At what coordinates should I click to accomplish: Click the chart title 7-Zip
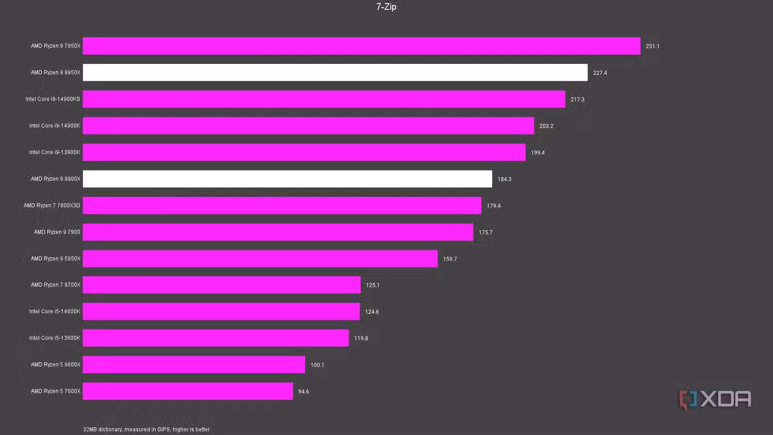pyautogui.click(x=386, y=7)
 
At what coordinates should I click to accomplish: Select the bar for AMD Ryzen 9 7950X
pyautogui.click(x=361, y=46)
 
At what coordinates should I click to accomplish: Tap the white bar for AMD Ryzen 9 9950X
pyautogui.click(x=335, y=73)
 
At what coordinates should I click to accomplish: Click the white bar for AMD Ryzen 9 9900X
pyautogui.click(x=287, y=179)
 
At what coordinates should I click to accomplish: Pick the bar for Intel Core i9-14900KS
pyautogui.click(x=324, y=99)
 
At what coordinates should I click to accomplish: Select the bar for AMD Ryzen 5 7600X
pyautogui.click(x=188, y=391)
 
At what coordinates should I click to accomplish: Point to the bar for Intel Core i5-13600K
pyautogui.click(x=215, y=338)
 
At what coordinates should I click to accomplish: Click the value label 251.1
pyautogui.click(x=652, y=46)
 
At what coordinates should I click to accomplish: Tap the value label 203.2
pyautogui.click(x=546, y=126)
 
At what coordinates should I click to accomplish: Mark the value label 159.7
pyautogui.click(x=450, y=259)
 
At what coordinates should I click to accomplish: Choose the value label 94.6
pyautogui.click(x=304, y=392)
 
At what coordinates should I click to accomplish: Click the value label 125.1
pyautogui.click(x=373, y=285)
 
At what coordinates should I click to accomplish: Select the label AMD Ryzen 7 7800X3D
pyautogui.click(x=52, y=206)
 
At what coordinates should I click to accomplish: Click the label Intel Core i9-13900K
pyautogui.click(x=55, y=153)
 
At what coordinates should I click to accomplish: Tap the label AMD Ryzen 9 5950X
pyautogui.click(x=56, y=259)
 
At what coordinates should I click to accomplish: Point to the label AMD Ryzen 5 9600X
pyautogui.click(x=56, y=365)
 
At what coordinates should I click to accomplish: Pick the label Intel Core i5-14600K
pyautogui.click(x=55, y=311)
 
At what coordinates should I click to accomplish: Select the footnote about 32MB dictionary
pyautogui.click(x=146, y=429)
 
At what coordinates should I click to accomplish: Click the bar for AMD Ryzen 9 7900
pyautogui.click(x=278, y=232)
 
